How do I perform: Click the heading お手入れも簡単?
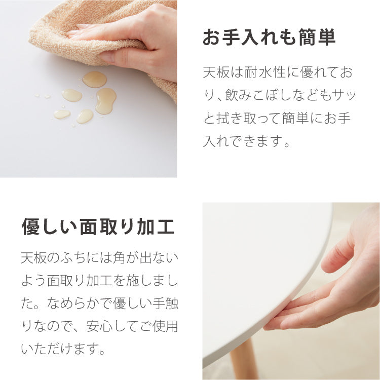[269, 37]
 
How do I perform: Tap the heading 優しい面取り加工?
[98, 227]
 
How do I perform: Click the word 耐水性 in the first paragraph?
[263, 72]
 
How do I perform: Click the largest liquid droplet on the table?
[105, 100]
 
